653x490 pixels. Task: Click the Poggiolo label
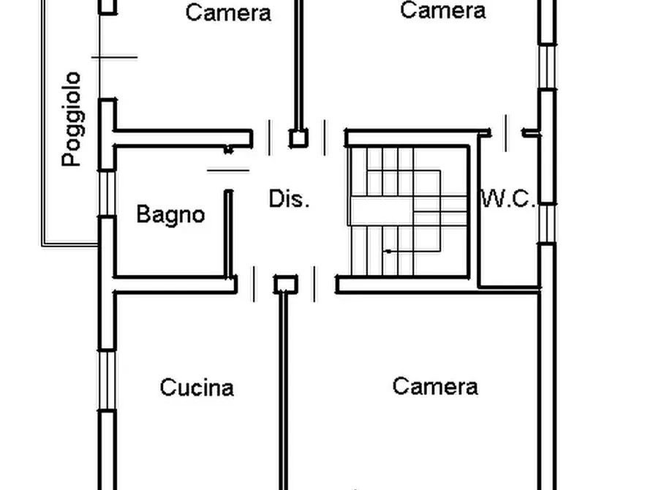pos(72,119)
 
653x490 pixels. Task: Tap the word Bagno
pos(171,215)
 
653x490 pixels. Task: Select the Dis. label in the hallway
pos(289,199)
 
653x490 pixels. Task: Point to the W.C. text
pos(508,198)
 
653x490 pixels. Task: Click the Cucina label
pos(197,388)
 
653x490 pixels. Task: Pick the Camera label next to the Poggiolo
pos(228,12)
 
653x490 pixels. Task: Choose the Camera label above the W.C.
pos(442,10)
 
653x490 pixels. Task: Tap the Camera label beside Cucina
pos(435,386)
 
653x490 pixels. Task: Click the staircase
pos(409,211)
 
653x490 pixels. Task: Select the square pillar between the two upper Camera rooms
pos(298,138)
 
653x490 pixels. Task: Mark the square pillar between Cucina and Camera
pos(286,284)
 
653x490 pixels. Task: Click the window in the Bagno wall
pos(107,193)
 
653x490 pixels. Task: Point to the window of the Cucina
pos(107,380)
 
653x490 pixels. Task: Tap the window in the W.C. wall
pos(548,224)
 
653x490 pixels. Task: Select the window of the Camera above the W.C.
pos(548,67)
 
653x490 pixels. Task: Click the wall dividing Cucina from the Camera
pos(283,392)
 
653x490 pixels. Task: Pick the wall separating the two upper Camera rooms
pos(298,64)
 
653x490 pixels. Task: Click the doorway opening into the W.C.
pos(507,133)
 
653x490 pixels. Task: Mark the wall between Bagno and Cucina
pos(175,284)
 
